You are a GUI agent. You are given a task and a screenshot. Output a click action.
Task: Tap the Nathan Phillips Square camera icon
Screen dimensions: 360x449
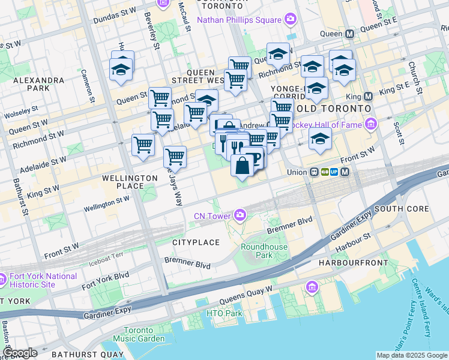click(x=291, y=19)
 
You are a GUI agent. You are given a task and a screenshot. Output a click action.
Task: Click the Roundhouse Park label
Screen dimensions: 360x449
click(x=264, y=251)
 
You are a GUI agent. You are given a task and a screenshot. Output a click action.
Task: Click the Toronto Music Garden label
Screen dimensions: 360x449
click(x=143, y=335)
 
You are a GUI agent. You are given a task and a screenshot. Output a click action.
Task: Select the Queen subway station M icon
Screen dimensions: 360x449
click(x=349, y=34)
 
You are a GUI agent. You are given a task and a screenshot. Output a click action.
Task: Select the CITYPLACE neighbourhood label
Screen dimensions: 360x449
click(x=196, y=242)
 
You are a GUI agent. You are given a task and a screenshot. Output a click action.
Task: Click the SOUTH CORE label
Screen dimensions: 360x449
click(x=401, y=209)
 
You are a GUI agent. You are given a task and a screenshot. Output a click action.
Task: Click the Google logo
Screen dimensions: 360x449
click(x=19, y=353)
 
